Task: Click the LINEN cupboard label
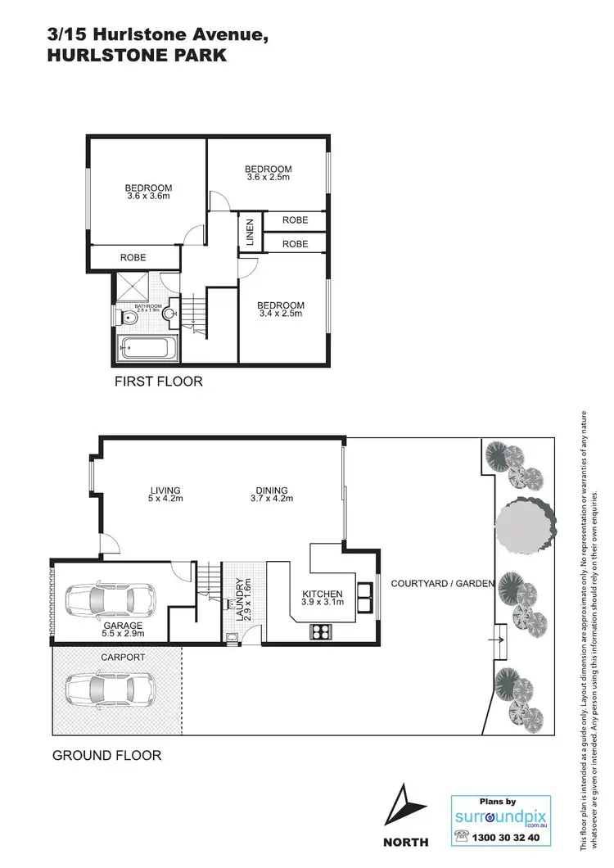(250, 233)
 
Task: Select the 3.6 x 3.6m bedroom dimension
(149, 197)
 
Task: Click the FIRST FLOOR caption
(158, 382)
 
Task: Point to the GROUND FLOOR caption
(106, 755)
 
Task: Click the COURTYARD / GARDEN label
(442, 584)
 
